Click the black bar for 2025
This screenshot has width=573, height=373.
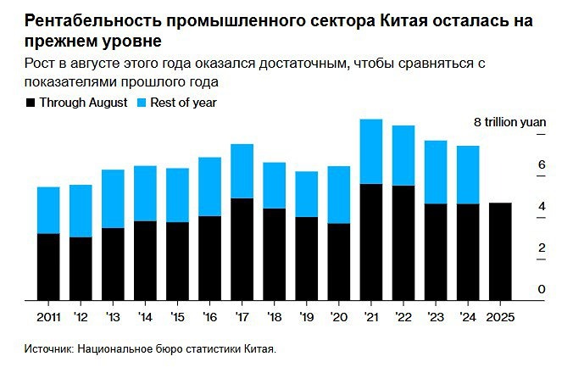tap(499, 252)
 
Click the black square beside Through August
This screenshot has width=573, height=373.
tap(31, 103)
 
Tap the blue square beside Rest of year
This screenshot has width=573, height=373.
tap(142, 103)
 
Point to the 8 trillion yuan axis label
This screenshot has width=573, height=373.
tap(509, 123)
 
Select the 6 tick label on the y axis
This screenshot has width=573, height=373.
tap(542, 164)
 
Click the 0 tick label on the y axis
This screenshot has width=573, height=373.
tap(542, 290)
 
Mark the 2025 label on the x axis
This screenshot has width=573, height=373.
tap(499, 317)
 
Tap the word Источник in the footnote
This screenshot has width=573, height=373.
tap(48, 348)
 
